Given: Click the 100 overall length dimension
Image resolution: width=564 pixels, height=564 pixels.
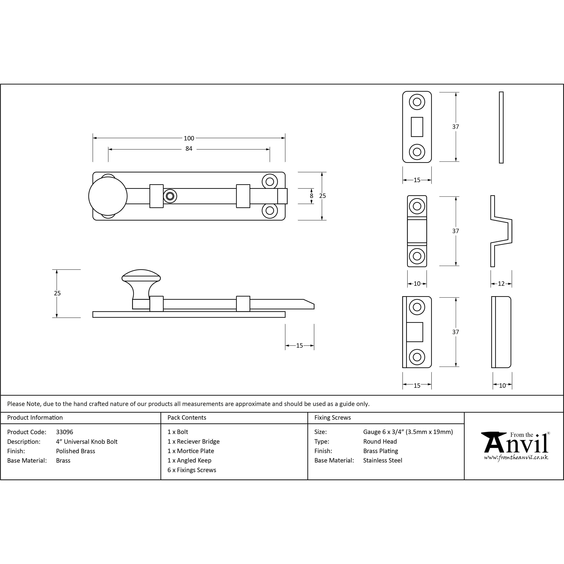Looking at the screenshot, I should coord(189,138).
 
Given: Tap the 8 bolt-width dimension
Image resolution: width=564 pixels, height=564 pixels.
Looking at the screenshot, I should coord(311,196).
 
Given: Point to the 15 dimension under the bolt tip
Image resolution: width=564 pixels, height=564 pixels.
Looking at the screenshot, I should coord(300,346).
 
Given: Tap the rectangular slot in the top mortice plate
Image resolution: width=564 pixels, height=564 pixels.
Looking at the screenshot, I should coord(417,127).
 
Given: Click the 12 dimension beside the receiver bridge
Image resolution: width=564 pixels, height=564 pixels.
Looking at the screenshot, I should coord(501,284).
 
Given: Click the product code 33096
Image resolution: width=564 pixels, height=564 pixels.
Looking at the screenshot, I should coord(65,432).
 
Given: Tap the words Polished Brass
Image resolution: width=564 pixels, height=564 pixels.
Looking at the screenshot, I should coord(76,451).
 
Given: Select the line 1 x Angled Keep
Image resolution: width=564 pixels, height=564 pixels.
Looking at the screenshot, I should coord(189,460).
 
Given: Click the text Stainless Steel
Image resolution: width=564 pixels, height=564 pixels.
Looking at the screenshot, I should coord(382,460).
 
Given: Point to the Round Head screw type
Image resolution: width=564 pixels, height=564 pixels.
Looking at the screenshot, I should coord(380,441).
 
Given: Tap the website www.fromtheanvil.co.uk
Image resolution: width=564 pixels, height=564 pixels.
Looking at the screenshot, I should coord(516,457).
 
